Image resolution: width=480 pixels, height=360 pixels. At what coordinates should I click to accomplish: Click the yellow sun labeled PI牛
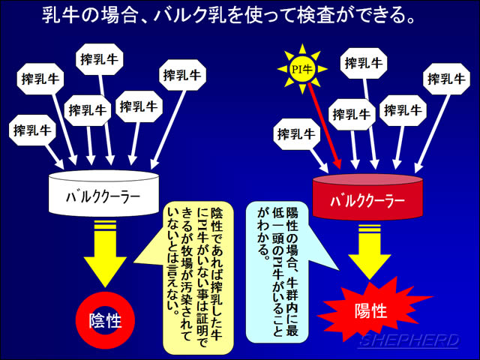[x=302, y=69]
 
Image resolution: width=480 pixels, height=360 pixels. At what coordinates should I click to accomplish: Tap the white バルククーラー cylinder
[x=103, y=193]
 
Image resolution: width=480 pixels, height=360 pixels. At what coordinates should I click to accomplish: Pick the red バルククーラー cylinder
[x=367, y=197]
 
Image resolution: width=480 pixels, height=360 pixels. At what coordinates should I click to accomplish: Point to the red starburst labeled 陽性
[x=371, y=311]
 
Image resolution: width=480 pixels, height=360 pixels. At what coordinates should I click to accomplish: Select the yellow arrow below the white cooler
[x=105, y=253]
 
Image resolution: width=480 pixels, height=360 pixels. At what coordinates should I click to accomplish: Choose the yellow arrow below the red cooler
[x=369, y=252]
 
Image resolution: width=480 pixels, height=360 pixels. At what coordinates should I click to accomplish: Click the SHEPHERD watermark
[x=409, y=340]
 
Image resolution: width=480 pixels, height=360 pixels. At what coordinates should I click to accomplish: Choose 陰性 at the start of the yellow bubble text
[x=216, y=219]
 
